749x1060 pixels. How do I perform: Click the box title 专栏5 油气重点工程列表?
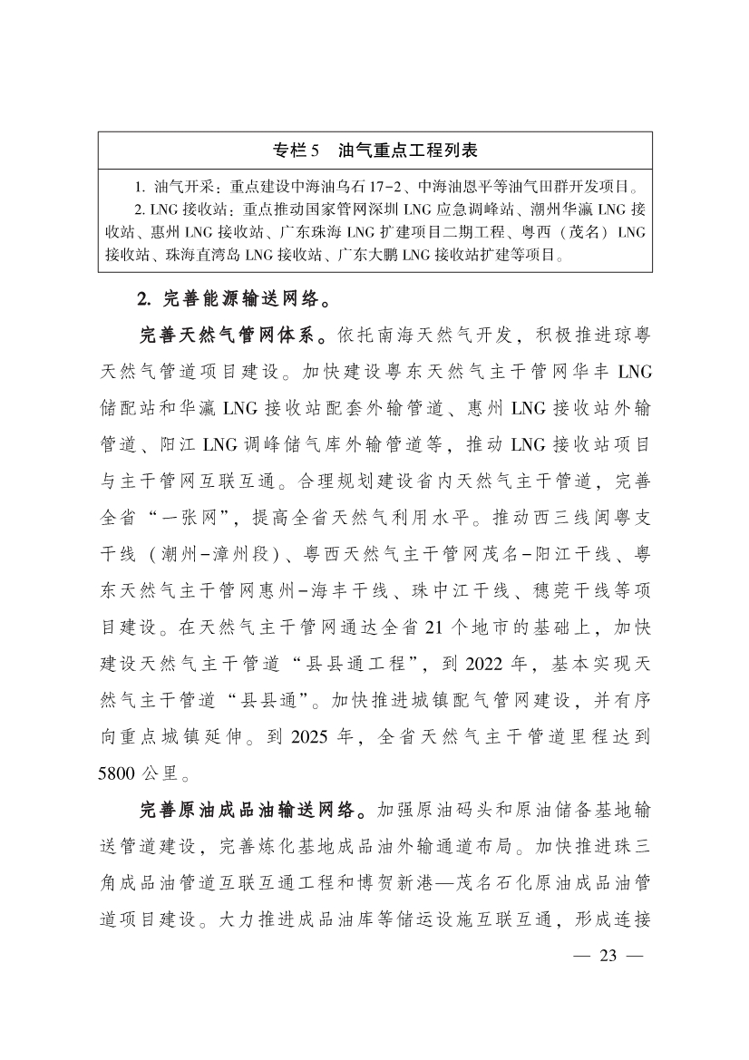(374, 149)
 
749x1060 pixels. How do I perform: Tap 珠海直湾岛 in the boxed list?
(203, 255)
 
